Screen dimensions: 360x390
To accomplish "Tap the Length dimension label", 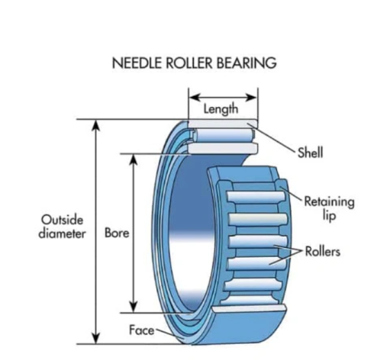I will (221, 109).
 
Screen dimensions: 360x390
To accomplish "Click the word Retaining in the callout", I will (329, 202).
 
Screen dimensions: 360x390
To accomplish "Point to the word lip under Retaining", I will (329, 215).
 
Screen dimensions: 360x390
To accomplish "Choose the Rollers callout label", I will (322, 251).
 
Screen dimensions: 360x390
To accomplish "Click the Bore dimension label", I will (117, 232).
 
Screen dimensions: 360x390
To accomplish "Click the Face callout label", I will (141, 330).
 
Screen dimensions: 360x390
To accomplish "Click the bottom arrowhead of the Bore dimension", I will (135, 306).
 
